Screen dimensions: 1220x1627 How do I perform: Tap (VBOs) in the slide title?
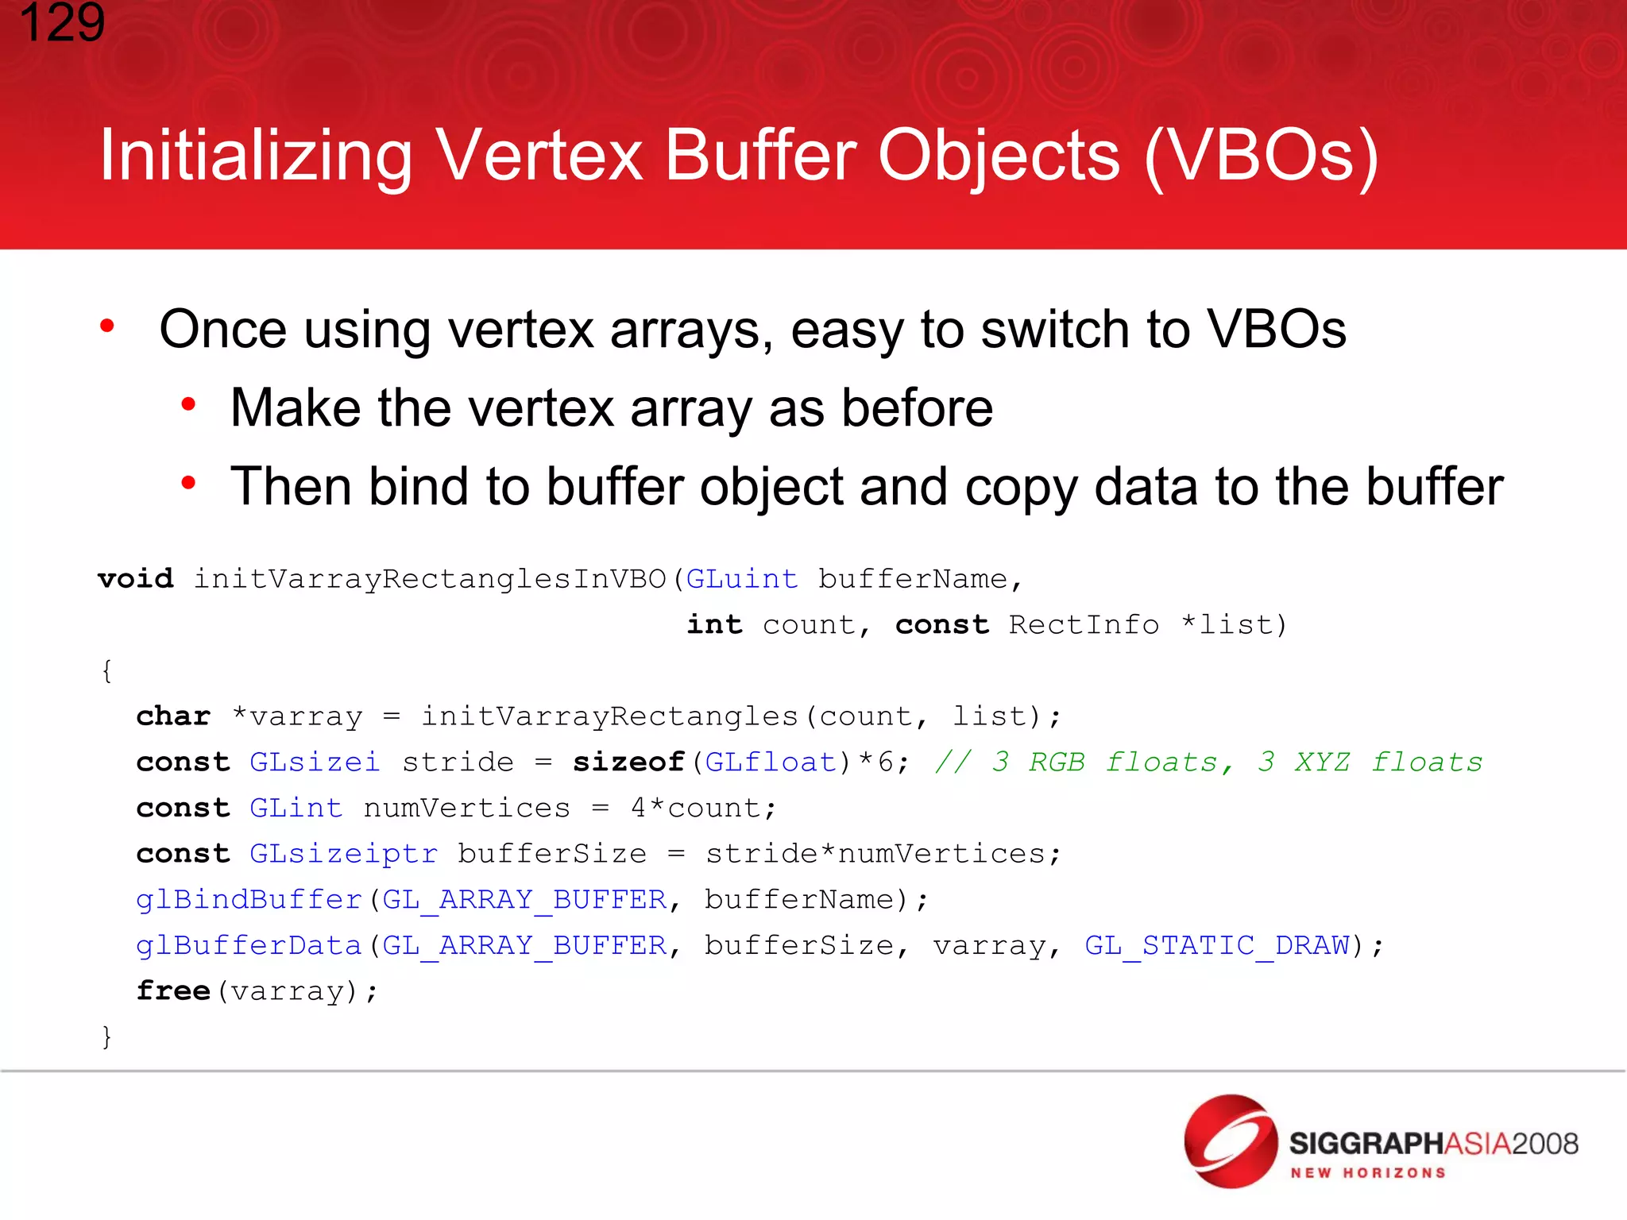tap(1262, 156)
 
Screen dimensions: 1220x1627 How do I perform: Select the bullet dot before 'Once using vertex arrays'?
tap(107, 326)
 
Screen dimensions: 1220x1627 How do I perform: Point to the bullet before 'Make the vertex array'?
tap(188, 405)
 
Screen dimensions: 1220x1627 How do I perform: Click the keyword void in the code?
tap(135, 578)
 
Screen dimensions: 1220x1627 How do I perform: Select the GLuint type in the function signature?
tap(741, 579)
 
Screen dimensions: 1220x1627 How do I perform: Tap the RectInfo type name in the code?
tap(1084, 625)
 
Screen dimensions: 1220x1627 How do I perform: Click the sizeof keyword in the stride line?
tap(628, 762)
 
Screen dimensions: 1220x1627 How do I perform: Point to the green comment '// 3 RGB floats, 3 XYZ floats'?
tap(1208, 762)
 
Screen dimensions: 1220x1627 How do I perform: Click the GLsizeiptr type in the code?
tap(343, 854)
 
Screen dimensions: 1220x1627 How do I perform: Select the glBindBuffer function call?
tap(249, 900)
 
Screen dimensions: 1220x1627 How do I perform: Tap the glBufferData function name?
tap(249, 946)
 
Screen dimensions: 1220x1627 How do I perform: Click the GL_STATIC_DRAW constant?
tap(1217, 946)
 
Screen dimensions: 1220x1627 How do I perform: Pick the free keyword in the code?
tap(172, 991)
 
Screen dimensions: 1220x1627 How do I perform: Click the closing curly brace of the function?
tap(107, 1037)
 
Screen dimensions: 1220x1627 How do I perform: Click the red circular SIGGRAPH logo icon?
tap(1230, 1141)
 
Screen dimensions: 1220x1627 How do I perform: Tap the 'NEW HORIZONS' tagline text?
tap(1367, 1173)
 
